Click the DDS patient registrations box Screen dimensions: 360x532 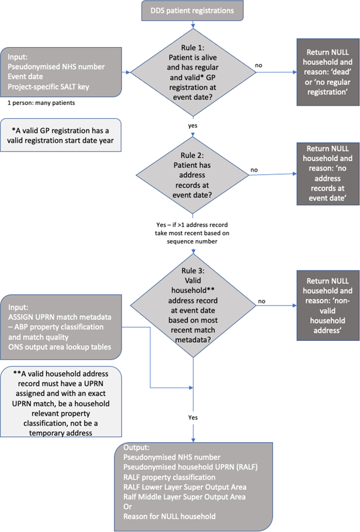192,11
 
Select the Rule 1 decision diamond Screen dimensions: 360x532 193,72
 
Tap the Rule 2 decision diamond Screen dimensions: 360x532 193,175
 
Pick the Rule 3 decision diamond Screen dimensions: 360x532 193,306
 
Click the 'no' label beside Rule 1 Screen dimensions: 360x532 259,65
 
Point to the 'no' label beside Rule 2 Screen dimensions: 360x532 254,170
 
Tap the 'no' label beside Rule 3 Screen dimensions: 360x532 262,301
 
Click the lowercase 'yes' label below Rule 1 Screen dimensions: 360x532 193,126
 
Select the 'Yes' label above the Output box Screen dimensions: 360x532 193,418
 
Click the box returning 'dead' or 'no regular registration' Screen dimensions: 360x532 328,72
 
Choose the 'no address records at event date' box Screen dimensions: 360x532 328,174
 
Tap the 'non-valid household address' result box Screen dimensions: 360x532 328,306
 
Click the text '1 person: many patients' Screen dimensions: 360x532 42,103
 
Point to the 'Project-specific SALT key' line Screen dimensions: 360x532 48,87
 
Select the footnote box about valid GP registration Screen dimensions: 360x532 60,135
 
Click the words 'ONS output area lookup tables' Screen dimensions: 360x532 60,346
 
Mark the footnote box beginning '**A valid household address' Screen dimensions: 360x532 61,402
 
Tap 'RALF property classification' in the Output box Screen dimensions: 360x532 169,477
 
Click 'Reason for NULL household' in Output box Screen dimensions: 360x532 169,516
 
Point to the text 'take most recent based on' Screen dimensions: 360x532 192,233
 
